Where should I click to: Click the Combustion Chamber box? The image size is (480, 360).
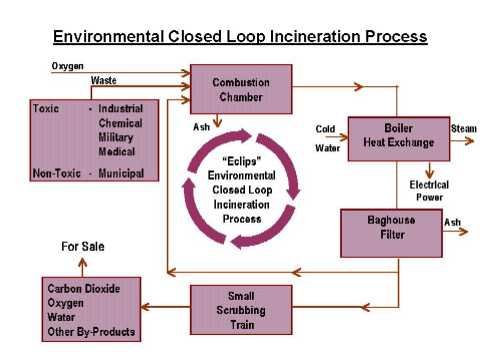[242, 88]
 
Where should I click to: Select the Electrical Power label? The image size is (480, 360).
[429, 190]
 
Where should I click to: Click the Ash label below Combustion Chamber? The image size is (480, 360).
[201, 127]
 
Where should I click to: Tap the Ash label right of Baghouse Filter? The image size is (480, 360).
[452, 222]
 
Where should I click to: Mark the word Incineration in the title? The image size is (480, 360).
[291, 37]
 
